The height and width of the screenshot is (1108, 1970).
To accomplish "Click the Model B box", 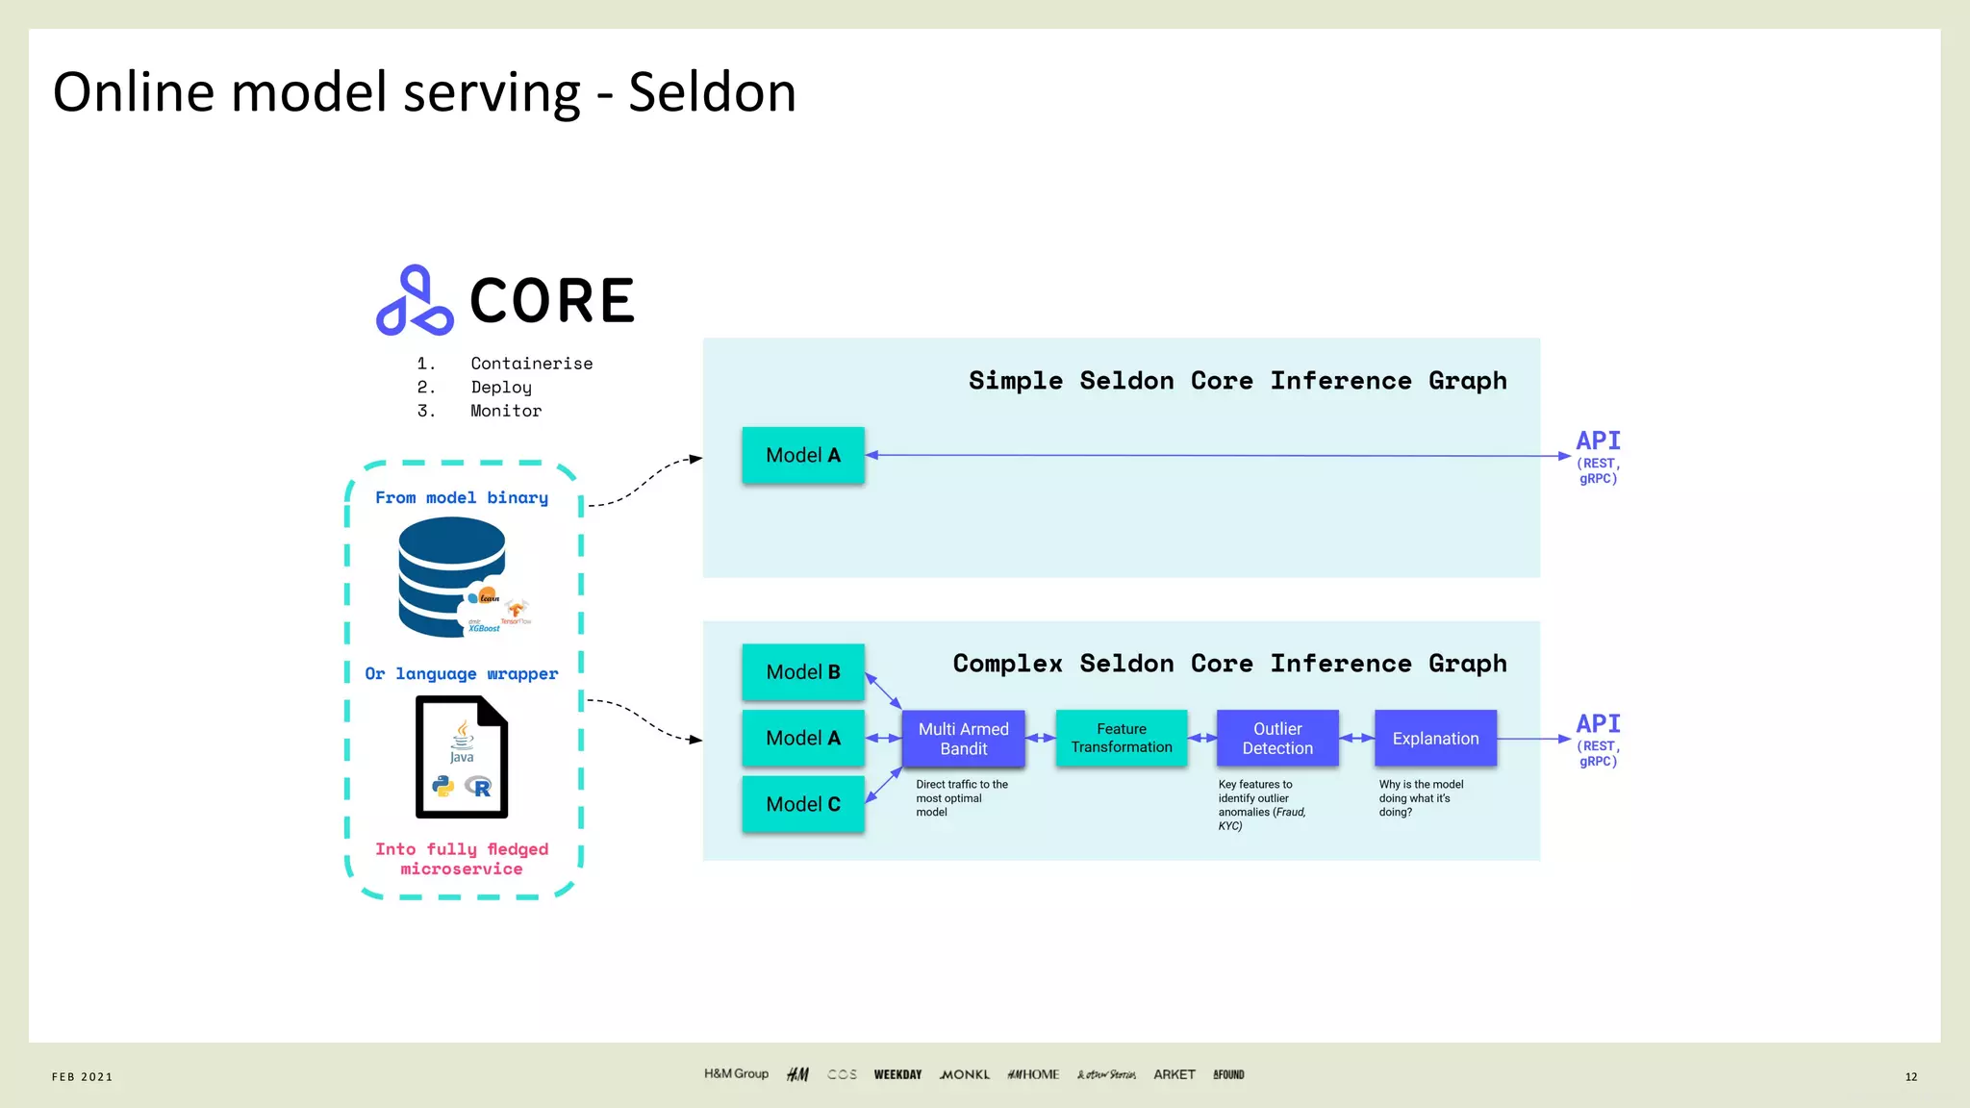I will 803,672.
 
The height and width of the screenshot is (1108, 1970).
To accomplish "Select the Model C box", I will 803,804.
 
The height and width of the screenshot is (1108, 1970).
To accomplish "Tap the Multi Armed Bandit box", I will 963,739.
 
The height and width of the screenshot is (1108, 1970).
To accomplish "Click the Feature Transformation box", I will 1122,739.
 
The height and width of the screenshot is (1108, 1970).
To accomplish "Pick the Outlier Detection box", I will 1277,739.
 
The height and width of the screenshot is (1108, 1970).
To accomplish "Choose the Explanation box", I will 1435,739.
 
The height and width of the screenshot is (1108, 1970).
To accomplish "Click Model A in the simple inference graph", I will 803,455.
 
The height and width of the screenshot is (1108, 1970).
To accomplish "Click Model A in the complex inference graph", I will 803,738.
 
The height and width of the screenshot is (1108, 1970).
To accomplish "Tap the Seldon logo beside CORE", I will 415,301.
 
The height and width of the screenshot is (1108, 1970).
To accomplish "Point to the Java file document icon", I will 462,757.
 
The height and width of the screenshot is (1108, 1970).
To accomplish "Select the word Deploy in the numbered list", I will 501,388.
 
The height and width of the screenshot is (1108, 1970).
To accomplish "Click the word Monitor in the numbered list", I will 506,411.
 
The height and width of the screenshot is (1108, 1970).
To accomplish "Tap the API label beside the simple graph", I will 1598,441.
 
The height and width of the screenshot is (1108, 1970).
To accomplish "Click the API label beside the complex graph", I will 1598,724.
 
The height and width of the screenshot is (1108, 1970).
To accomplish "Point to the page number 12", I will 1910,1076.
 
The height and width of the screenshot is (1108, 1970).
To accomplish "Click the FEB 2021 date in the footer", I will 83,1076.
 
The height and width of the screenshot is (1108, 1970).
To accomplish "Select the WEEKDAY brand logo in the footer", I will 897,1074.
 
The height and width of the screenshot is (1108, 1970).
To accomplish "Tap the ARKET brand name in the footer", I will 1174,1074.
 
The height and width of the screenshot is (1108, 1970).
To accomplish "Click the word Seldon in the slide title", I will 712,93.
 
